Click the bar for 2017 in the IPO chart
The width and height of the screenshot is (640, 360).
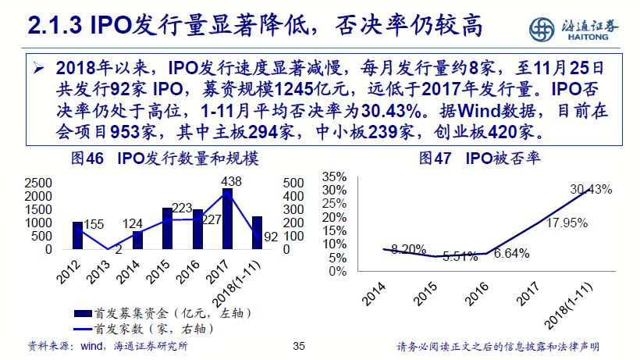pyautogui.click(x=226, y=219)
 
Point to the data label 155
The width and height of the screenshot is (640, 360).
pyautogui.click(x=93, y=225)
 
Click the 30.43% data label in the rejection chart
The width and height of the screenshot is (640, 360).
pyautogui.click(x=591, y=189)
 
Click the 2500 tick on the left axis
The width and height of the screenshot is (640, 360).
pyautogui.click(x=39, y=183)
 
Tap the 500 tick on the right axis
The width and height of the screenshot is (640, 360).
pyautogui.click(x=293, y=183)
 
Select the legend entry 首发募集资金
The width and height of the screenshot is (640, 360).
pyautogui.click(x=144, y=314)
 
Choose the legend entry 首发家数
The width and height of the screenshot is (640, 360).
pyautogui.click(x=144, y=329)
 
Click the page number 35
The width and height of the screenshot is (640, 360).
pyautogui.click(x=297, y=347)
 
